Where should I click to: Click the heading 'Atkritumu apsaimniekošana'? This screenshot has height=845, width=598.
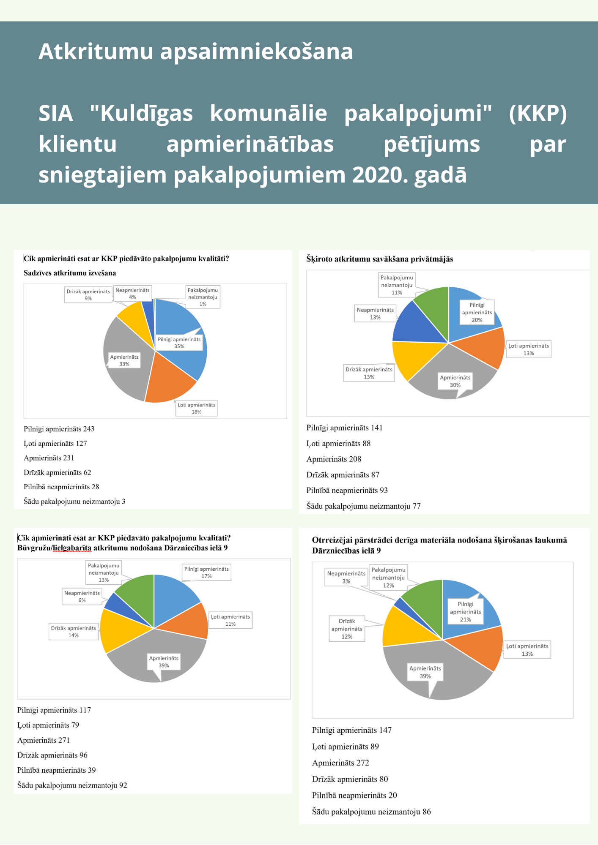(x=195, y=52)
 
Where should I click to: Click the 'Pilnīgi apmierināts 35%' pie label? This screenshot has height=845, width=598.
(x=179, y=343)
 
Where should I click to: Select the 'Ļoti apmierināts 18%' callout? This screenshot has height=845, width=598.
(x=197, y=408)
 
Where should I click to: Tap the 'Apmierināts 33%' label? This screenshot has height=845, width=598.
(x=124, y=360)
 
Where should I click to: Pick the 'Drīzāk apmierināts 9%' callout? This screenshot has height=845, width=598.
(x=88, y=294)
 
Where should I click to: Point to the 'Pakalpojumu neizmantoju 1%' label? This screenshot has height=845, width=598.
(x=203, y=297)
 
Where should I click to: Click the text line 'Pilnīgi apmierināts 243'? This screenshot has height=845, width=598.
(x=59, y=429)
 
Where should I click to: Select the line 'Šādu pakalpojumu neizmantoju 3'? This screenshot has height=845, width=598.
(x=74, y=502)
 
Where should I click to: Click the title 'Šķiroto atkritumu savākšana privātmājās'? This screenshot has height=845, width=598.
(x=379, y=259)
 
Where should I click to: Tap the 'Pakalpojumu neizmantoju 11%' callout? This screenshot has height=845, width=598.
(x=397, y=285)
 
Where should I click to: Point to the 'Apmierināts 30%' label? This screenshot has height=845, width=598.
(x=455, y=381)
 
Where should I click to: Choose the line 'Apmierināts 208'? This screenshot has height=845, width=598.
(x=334, y=459)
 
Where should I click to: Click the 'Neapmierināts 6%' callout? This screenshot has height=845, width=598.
(x=82, y=597)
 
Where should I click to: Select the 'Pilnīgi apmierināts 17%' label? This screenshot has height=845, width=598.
(x=206, y=572)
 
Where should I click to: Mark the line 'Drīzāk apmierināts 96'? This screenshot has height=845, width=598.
(x=52, y=755)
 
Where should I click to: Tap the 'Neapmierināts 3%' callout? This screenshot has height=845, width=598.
(x=346, y=577)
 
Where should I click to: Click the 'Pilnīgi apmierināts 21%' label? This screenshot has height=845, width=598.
(x=466, y=612)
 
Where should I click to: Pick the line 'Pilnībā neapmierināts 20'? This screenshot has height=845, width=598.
(x=354, y=795)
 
